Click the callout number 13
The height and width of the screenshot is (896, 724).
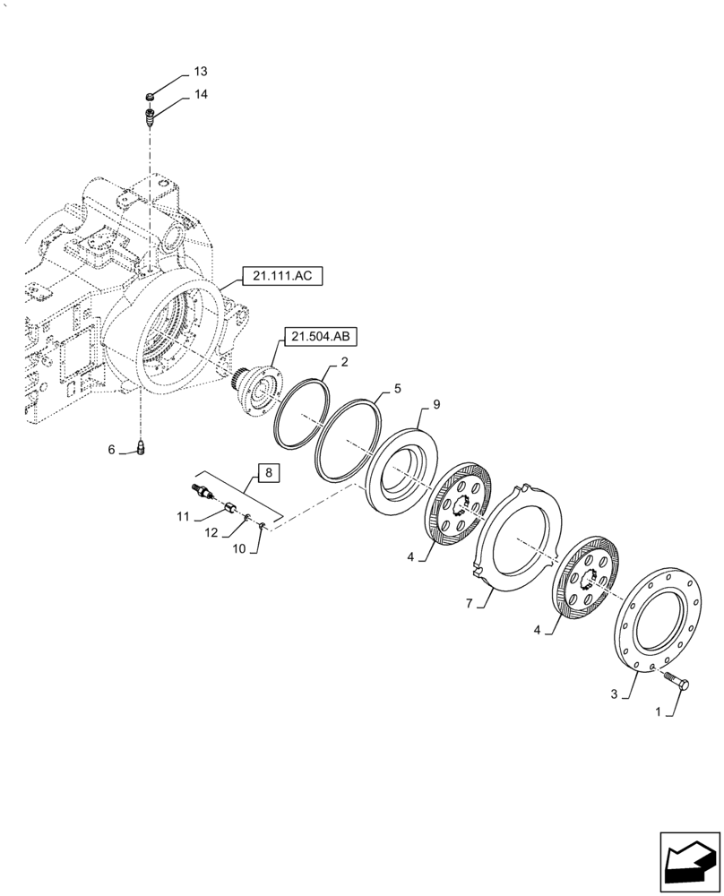(x=199, y=72)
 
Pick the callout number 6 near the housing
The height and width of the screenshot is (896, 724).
(x=112, y=450)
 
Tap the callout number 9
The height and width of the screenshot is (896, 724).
(x=436, y=404)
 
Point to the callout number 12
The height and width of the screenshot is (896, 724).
(x=212, y=533)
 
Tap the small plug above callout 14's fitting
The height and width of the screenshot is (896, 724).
(x=151, y=97)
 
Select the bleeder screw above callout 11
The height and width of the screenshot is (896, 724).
(x=201, y=491)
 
